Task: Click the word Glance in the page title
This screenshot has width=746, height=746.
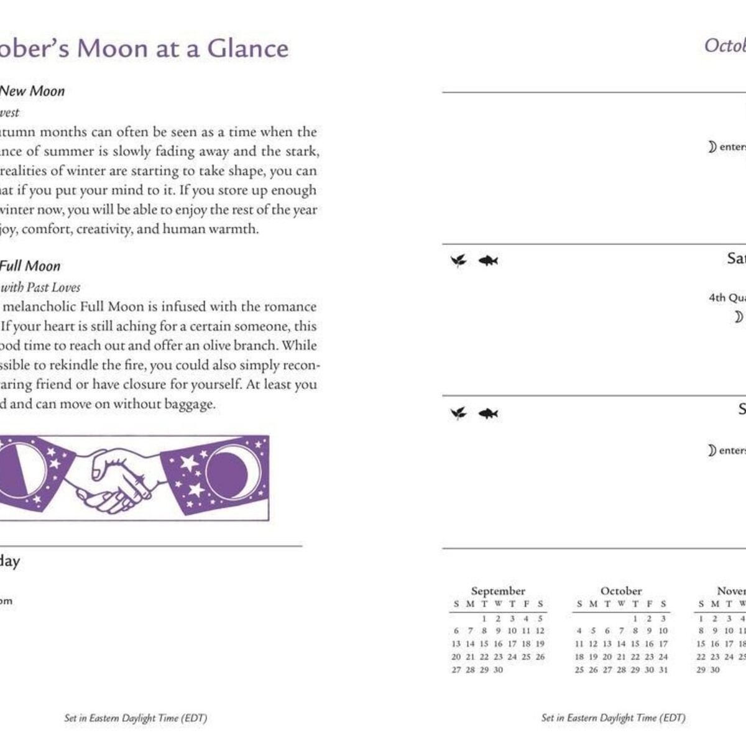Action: pyautogui.click(x=247, y=48)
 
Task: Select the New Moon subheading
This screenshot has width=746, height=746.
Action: pyautogui.click(x=32, y=91)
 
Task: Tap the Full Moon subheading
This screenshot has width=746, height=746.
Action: pyautogui.click(x=30, y=266)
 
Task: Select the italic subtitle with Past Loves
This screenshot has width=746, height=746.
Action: pyautogui.click(x=40, y=287)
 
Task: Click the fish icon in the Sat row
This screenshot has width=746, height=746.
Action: pyautogui.click(x=488, y=260)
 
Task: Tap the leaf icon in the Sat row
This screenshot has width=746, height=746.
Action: pyautogui.click(x=458, y=260)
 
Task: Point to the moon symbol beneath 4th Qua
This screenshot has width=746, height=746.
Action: pyautogui.click(x=738, y=317)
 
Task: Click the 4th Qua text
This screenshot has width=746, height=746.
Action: pyautogui.click(x=727, y=298)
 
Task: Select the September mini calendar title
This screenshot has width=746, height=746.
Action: pyautogui.click(x=498, y=591)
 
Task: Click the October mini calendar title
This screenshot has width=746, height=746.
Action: pyautogui.click(x=621, y=591)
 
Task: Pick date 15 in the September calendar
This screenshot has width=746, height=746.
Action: pyautogui.click(x=484, y=644)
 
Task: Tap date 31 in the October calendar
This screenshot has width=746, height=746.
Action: pyautogui.click(x=663, y=670)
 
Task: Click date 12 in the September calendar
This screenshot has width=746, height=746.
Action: pyautogui.click(x=540, y=631)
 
